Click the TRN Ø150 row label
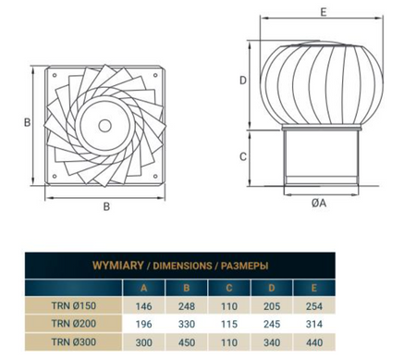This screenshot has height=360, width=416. click(x=74, y=305)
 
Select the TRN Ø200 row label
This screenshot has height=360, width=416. click(x=74, y=324)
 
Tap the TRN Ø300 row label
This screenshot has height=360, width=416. click(x=74, y=341)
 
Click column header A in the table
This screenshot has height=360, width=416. click(x=143, y=288)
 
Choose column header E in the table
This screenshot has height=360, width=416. click(x=314, y=288)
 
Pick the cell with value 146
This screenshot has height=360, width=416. click(x=143, y=306)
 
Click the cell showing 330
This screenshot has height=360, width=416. click(x=187, y=324)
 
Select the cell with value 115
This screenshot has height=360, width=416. click(x=229, y=324)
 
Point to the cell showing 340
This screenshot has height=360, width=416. click(x=272, y=342)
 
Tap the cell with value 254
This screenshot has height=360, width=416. click(x=314, y=306)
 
